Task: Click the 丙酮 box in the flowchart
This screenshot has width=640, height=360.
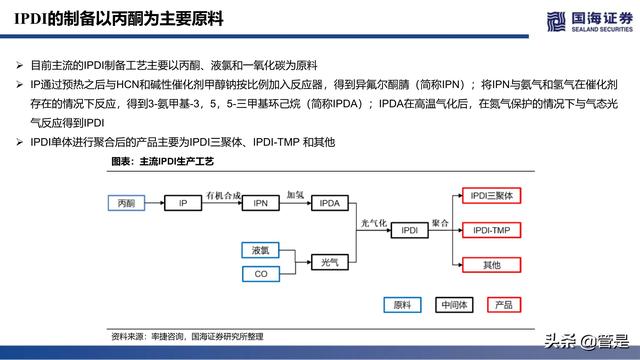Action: [x=125, y=203]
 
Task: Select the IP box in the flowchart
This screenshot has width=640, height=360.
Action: [x=183, y=203]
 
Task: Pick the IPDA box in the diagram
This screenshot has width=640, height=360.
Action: [x=330, y=203]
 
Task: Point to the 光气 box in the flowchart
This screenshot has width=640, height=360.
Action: [x=329, y=261]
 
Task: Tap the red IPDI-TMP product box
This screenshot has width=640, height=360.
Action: [x=490, y=230]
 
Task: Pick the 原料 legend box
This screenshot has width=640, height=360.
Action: [x=403, y=304]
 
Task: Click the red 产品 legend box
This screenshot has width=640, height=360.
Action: [x=504, y=304]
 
